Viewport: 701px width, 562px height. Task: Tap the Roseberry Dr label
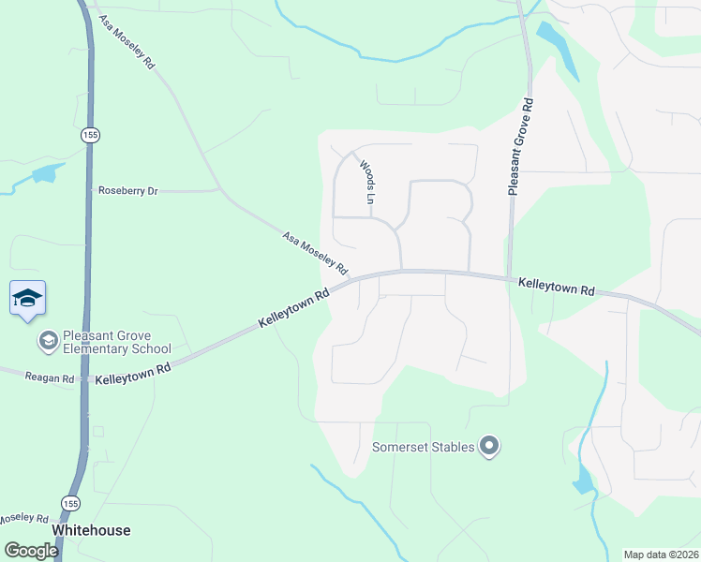click(128, 191)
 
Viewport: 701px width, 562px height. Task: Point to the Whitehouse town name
click(91, 530)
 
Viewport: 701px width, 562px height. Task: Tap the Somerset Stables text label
click(423, 447)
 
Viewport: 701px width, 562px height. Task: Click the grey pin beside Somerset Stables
click(488, 447)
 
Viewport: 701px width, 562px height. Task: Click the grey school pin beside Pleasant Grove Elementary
click(47, 338)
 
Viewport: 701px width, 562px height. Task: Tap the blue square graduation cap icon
click(27, 298)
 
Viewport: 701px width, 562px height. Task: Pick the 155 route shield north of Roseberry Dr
click(90, 135)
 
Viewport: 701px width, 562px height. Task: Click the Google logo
click(31, 551)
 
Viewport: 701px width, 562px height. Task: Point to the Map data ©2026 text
click(661, 555)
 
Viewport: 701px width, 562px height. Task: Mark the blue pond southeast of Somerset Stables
click(583, 481)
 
